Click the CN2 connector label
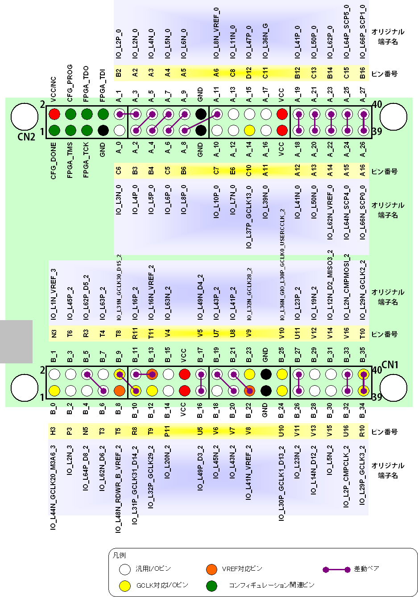[x=26, y=136]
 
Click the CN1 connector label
[x=390, y=365]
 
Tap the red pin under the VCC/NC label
[x=54, y=114]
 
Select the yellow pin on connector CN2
[x=249, y=130]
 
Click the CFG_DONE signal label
[x=54, y=161]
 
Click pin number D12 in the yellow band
[x=249, y=73]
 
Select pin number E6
[x=232, y=171]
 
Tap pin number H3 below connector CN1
[x=53, y=431]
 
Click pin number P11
[x=167, y=431]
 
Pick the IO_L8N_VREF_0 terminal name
[x=216, y=33]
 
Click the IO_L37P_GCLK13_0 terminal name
[x=249, y=217]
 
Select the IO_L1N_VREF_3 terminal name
[x=54, y=294]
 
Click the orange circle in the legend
[x=211, y=569]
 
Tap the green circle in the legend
[x=211, y=585]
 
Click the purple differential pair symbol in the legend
[x=337, y=570]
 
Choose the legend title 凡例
[x=119, y=556]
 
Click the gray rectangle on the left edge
[x=16, y=341]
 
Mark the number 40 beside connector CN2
[x=377, y=104]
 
